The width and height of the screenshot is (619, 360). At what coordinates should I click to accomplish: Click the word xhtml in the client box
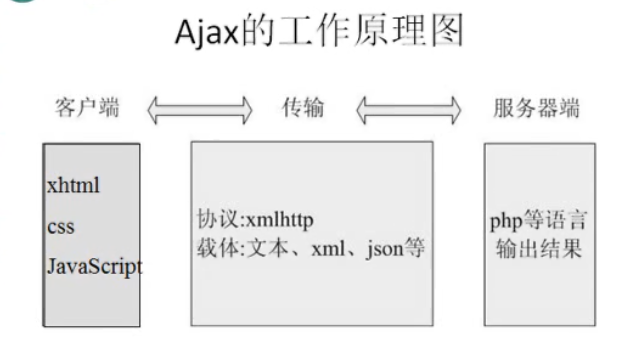click(x=73, y=185)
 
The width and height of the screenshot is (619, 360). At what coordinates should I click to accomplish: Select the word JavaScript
click(x=94, y=267)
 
